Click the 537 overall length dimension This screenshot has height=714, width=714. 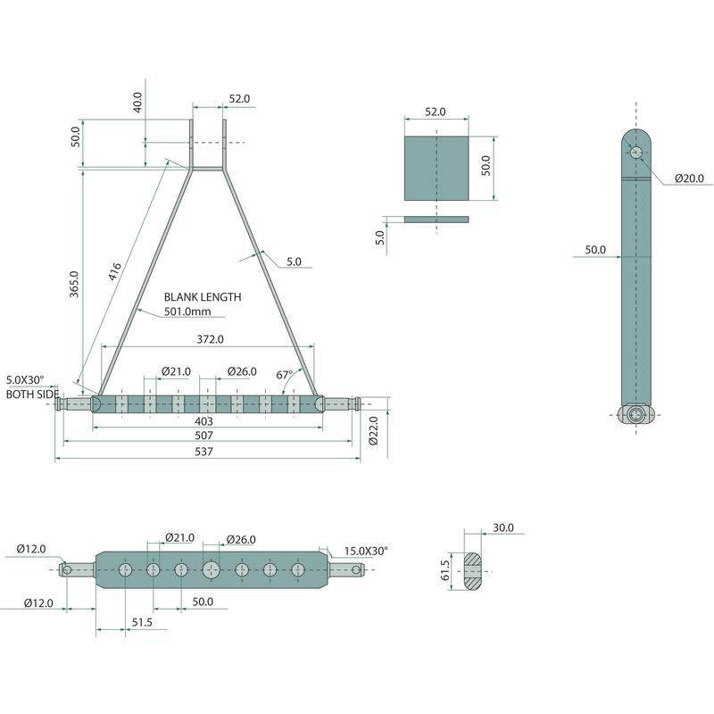pos(203,452)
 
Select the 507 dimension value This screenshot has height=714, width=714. pos(203,436)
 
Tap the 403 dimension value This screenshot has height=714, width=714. pos(203,421)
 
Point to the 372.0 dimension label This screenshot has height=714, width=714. pos(210,339)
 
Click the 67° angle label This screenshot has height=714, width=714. pos(285,375)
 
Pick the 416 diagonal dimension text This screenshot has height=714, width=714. pos(114,271)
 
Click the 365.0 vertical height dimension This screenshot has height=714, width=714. pos(74,284)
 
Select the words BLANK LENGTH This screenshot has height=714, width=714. pos(203,297)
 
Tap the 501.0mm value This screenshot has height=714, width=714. pos(187,311)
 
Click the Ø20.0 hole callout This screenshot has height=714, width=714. pos(689,178)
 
